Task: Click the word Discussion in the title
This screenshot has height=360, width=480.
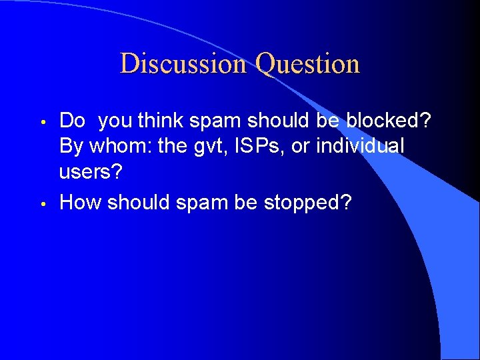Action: click(183, 64)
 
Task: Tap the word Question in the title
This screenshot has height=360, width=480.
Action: click(308, 64)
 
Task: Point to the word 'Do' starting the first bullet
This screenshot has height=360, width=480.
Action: click(72, 121)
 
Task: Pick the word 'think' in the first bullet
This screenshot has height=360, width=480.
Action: click(163, 121)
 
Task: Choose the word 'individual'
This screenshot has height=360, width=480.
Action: click(360, 145)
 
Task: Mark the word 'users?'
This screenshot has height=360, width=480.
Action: click(91, 172)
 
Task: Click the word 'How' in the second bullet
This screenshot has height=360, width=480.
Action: click(80, 203)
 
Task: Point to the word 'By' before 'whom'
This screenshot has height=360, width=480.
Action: click(71, 145)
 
